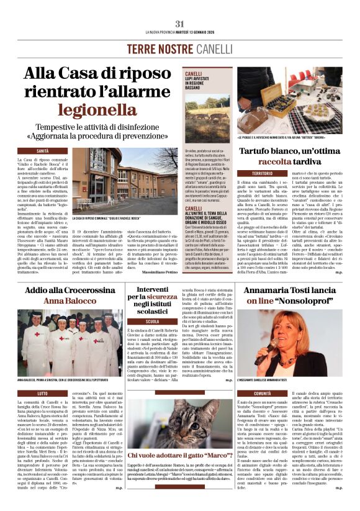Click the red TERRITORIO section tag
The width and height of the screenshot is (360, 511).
point(254,173)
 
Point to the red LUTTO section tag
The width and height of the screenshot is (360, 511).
point(42,393)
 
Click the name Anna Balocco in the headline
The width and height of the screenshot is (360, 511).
point(70,301)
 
